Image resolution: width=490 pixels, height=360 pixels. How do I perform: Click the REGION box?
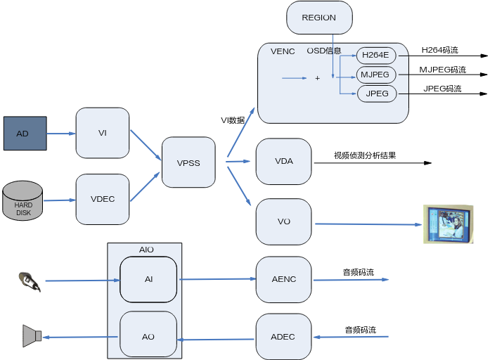(319, 18)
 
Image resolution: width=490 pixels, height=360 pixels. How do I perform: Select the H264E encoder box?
(376, 55)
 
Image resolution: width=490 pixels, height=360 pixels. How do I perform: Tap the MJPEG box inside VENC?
(376, 75)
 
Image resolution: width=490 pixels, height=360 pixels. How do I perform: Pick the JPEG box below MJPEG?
(377, 94)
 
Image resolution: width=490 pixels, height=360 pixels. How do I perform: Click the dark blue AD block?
(25, 134)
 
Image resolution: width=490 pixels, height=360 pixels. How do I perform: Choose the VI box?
(103, 133)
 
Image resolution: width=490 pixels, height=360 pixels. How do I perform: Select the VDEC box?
(103, 199)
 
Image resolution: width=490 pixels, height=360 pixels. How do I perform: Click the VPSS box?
(188, 162)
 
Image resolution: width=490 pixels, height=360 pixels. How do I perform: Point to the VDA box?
(284, 161)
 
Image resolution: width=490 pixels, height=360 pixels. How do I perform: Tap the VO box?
(284, 221)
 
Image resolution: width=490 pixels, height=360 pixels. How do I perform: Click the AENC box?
(284, 279)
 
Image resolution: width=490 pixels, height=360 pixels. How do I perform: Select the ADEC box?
(283, 337)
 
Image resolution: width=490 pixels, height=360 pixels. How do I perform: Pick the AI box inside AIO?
(148, 279)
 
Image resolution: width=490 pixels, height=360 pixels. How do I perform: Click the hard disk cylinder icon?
(23, 200)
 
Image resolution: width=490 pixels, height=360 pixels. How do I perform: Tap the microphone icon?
(30, 281)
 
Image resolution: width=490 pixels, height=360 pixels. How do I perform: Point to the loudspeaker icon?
(32, 336)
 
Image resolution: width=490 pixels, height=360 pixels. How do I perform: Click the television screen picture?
(448, 224)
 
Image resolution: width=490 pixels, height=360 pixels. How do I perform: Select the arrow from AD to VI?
(61, 134)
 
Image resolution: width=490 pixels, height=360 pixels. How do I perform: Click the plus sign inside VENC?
(317, 78)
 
